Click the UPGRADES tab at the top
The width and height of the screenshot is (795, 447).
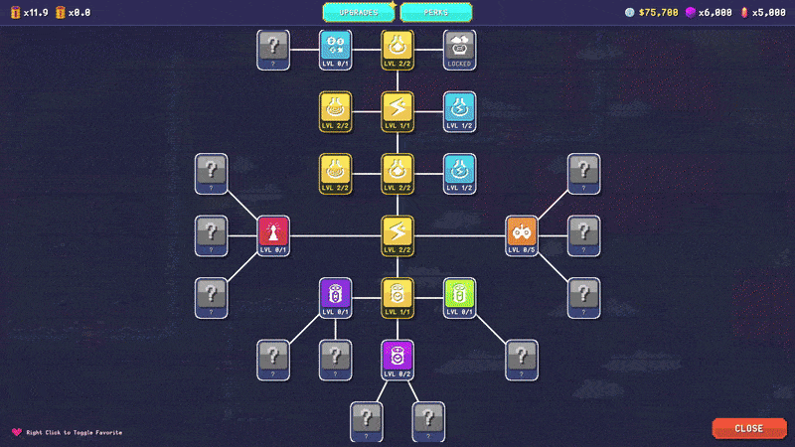[358, 12]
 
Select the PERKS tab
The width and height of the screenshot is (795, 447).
[435, 12]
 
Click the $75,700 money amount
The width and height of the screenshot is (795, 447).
[658, 12]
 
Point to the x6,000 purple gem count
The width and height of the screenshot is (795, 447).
[715, 12]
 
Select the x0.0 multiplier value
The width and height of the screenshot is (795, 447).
[79, 12]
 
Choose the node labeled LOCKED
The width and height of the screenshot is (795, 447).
[459, 50]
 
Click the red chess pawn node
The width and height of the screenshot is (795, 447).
[273, 235]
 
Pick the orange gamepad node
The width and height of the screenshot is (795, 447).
[522, 235]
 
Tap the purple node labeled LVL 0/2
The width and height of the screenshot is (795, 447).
[397, 360]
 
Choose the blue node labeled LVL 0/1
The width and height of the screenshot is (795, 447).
[335, 50]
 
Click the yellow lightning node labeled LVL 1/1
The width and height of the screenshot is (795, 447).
[397, 111]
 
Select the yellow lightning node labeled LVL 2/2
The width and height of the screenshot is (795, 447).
[397, 235]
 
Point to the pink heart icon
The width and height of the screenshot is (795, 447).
[16, 432]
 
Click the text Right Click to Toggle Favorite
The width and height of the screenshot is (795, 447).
[74, 433]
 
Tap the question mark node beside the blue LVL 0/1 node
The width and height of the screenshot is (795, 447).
[273, 50]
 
